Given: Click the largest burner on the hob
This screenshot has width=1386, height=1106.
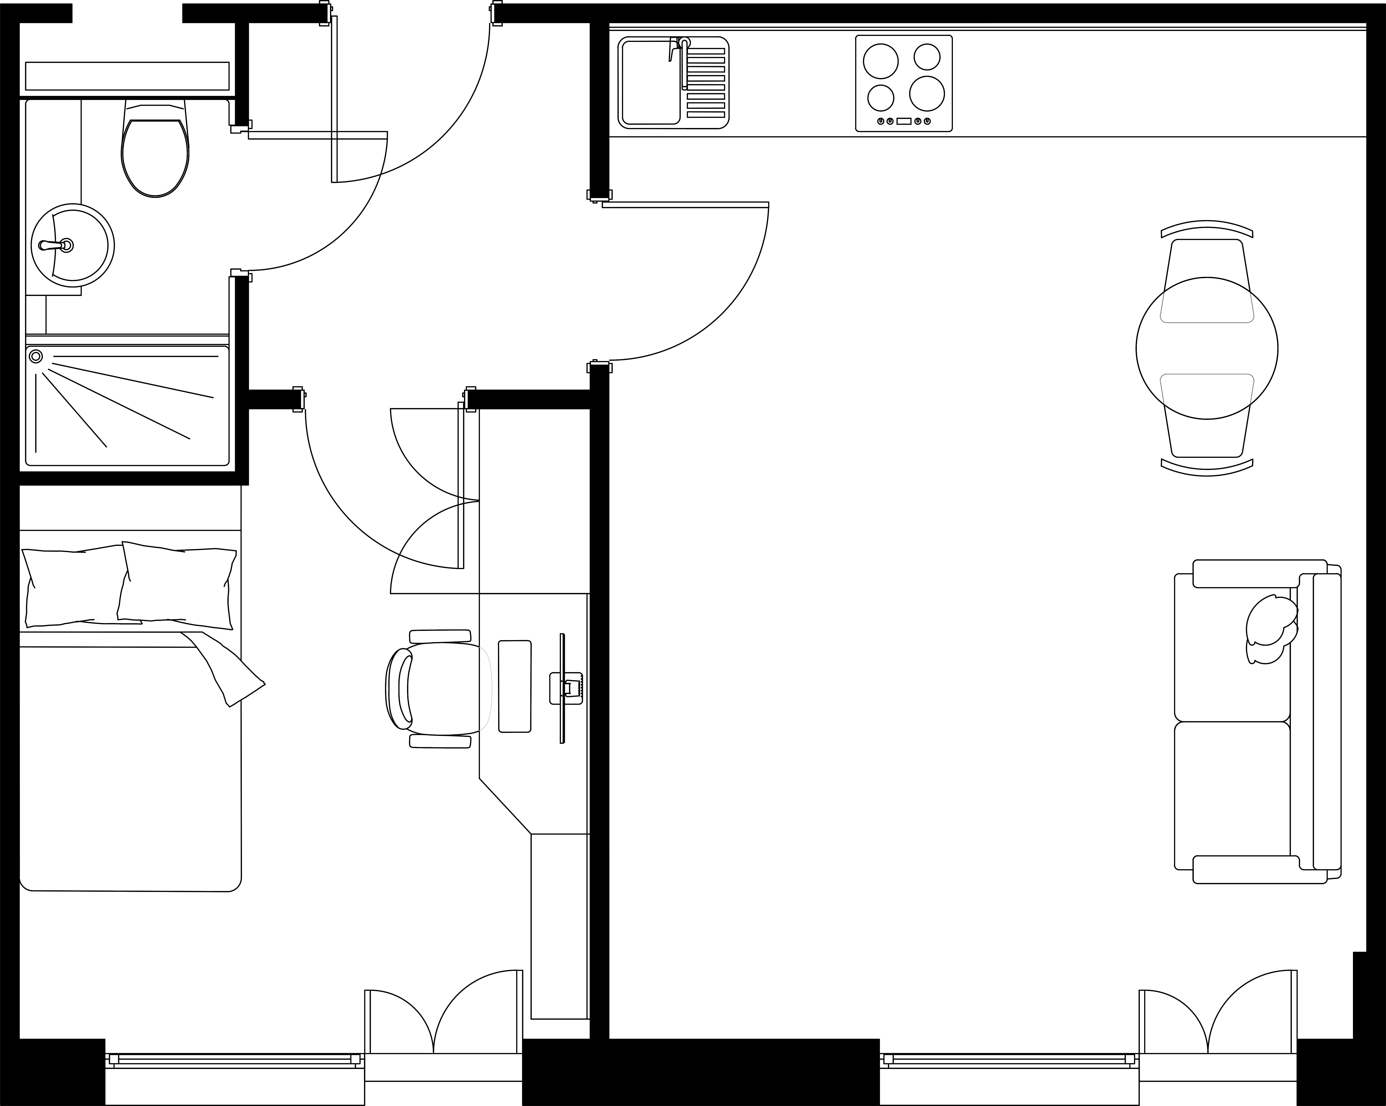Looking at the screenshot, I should [x=926, y=93].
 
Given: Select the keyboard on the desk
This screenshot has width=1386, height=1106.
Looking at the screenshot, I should [x=514, y=686].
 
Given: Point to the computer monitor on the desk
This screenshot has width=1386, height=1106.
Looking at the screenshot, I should [x=563, y=688].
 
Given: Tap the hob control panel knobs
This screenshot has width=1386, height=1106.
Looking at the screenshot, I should [x=903, y=121].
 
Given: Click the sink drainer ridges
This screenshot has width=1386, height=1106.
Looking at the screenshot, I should [x=705, y=82].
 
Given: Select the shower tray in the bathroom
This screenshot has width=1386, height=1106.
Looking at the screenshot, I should [x=127, y=405].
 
